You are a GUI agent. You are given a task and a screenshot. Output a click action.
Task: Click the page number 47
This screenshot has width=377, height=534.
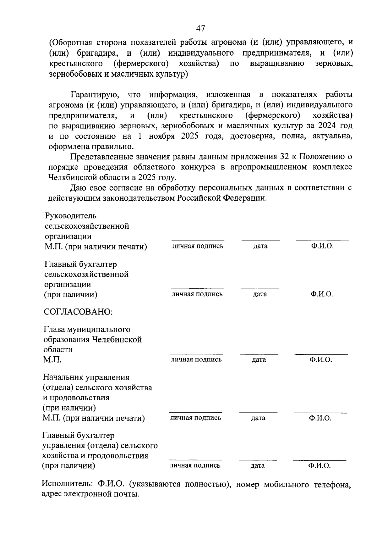(200, 29)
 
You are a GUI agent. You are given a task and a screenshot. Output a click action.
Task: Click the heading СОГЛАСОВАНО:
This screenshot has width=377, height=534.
(78, 312)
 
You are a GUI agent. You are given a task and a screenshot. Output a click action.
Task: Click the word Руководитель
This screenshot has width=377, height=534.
(71, 216)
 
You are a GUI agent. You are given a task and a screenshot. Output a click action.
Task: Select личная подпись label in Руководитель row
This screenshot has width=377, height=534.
(198, 246)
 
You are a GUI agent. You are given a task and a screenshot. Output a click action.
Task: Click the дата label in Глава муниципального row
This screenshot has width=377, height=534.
(259, 359)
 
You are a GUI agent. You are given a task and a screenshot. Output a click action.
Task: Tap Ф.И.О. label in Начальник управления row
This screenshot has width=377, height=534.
(320, 418)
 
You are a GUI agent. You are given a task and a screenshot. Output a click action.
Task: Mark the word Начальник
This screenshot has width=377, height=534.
(65, 377)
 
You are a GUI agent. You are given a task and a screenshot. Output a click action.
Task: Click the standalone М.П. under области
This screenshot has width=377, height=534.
(52, 360)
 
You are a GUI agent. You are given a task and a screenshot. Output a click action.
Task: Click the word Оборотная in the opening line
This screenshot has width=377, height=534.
(71, 43)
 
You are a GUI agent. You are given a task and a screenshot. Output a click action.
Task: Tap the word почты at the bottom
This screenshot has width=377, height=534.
(126, 494)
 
